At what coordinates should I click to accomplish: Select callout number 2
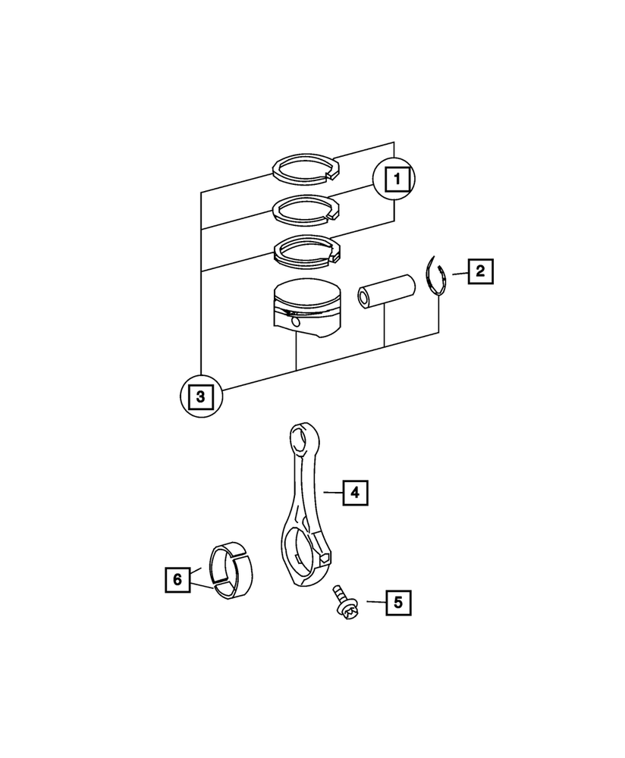click(x=479, y=271)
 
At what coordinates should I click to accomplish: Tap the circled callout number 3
click(x=200, y=395)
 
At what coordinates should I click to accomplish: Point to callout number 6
click(x=177, y=580)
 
